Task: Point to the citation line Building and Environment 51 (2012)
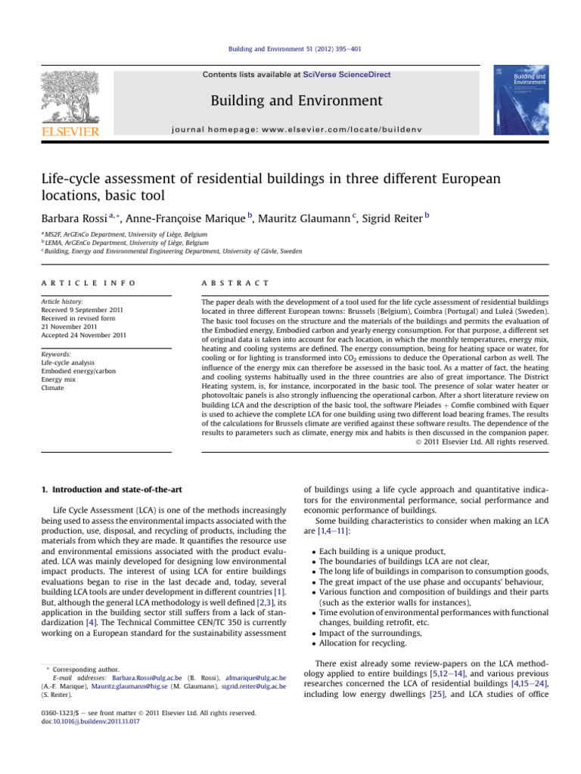pos(290,50)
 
